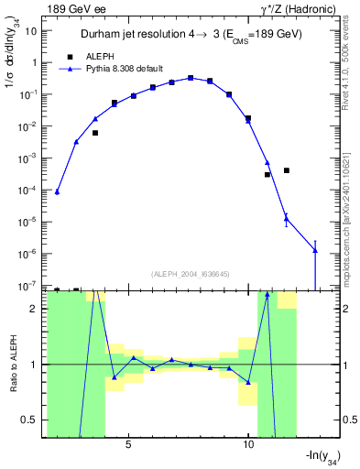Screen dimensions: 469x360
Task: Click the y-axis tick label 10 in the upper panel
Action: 31,30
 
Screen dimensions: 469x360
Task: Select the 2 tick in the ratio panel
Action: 34,309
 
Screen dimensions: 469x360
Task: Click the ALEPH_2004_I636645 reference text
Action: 190,274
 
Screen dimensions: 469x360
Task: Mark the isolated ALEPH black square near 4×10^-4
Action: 287,170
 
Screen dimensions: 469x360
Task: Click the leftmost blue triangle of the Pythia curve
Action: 57,192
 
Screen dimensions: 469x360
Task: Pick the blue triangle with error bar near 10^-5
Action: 287,218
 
